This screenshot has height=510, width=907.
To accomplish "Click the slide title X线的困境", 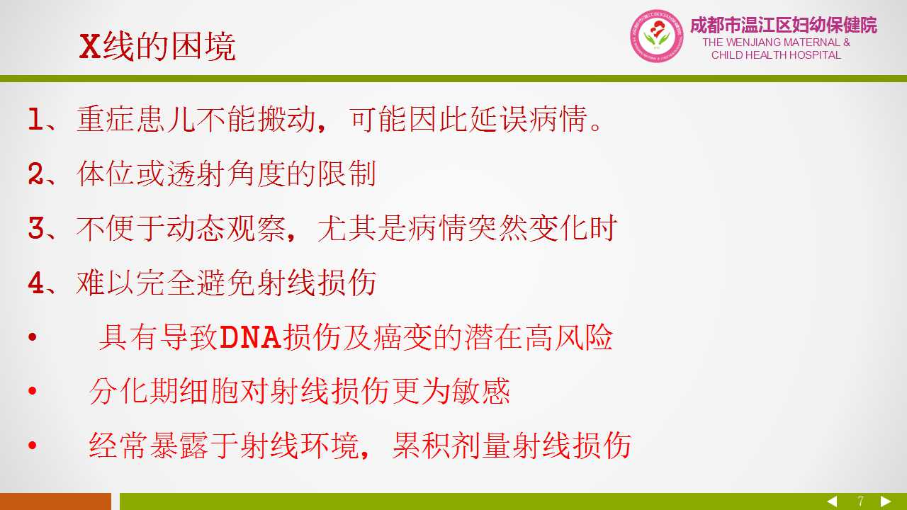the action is tap(157, 47).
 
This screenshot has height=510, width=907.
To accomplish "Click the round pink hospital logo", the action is tap(656, 36).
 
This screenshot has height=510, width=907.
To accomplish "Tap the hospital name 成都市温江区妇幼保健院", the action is tap(784, 25).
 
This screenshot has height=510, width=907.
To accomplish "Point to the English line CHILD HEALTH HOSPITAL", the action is tap(776, 55).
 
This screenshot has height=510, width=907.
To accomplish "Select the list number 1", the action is tap(35, 119).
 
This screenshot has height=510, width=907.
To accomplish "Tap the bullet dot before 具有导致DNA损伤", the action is tap(33, 336).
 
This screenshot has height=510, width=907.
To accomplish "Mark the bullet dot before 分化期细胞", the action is tap(33, 390).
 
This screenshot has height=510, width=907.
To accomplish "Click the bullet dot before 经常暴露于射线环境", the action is tap(33, 446).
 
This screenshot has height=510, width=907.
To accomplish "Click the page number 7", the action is tap(860, 501).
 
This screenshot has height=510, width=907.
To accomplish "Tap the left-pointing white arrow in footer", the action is tap(832, 501).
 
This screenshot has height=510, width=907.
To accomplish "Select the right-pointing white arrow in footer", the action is tap(886, 501).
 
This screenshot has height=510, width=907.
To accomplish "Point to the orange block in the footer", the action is tap(55, 501).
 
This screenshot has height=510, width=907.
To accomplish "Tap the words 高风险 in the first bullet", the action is tap(569, 336).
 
